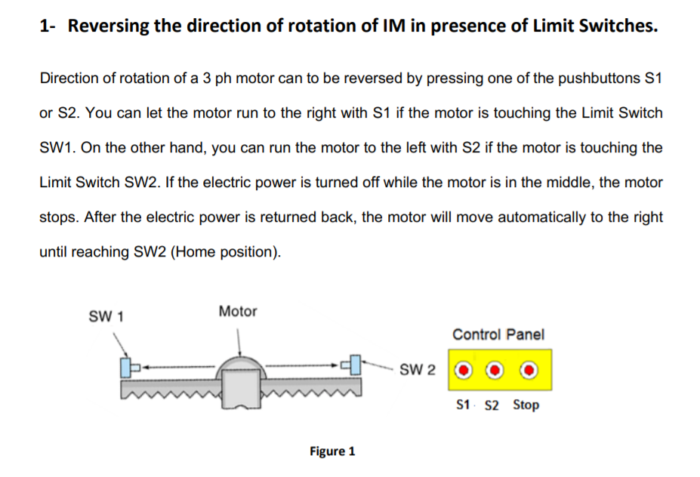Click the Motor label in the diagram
[x=237, y=311]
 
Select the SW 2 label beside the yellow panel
[x=418, y=370]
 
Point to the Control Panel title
[x=498, y=334]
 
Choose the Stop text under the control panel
[x=526, y=405]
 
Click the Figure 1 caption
[x=332, y=451]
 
